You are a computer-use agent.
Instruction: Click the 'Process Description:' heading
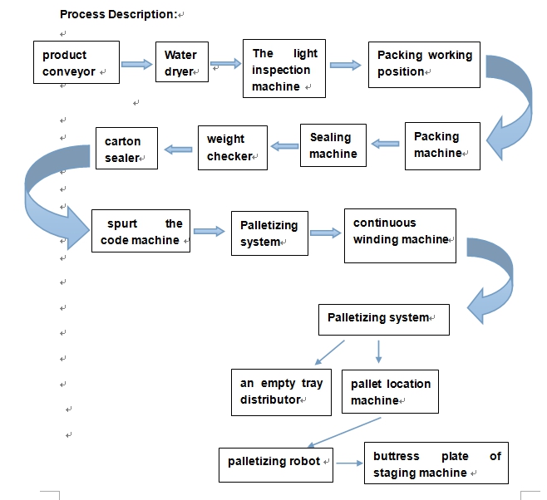tap(118, 14)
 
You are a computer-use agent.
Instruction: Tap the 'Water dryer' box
tap(181, 63)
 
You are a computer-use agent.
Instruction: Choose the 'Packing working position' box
tap(425, 64)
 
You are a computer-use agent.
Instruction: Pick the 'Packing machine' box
tap(441, 145)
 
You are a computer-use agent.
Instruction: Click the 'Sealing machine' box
tap(333, 145)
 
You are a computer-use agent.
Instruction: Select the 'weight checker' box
tap(232, 148)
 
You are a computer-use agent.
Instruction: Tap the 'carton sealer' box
tap(126, 149)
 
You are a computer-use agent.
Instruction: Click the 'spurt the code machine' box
tap(140, 232)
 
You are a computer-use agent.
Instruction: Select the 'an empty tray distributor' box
tap(281, 391)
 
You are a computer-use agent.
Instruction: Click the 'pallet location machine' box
tap(390, 391)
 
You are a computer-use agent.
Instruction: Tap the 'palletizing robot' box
tap(276, 462)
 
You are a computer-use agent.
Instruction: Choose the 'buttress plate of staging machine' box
tap(436, 463)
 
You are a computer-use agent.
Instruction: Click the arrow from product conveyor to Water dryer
tap(137, 64)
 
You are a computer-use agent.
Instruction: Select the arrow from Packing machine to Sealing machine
tap(385, 144)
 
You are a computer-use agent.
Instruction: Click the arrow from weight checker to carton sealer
tap(178, 149)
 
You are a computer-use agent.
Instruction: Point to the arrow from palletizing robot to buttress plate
tap(348, 462)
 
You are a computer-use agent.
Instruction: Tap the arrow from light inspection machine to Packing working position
tap(346, 64)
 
